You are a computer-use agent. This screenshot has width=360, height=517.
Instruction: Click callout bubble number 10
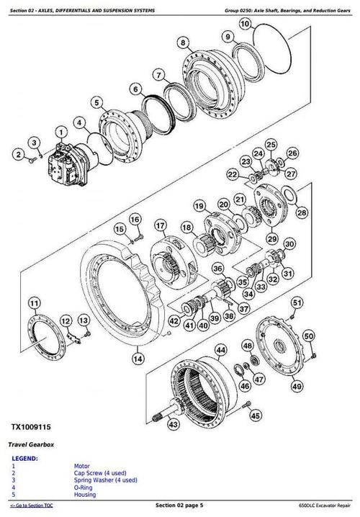pyautogui.click(x=245, y=24)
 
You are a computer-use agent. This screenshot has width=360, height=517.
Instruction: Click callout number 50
pyautogui.click(x=309, y=336)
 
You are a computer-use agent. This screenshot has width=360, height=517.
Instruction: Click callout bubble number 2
pyautogui.click(x=17, y=153)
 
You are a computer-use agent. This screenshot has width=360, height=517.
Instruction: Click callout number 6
pyautogui.click(x=135, y=89)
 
